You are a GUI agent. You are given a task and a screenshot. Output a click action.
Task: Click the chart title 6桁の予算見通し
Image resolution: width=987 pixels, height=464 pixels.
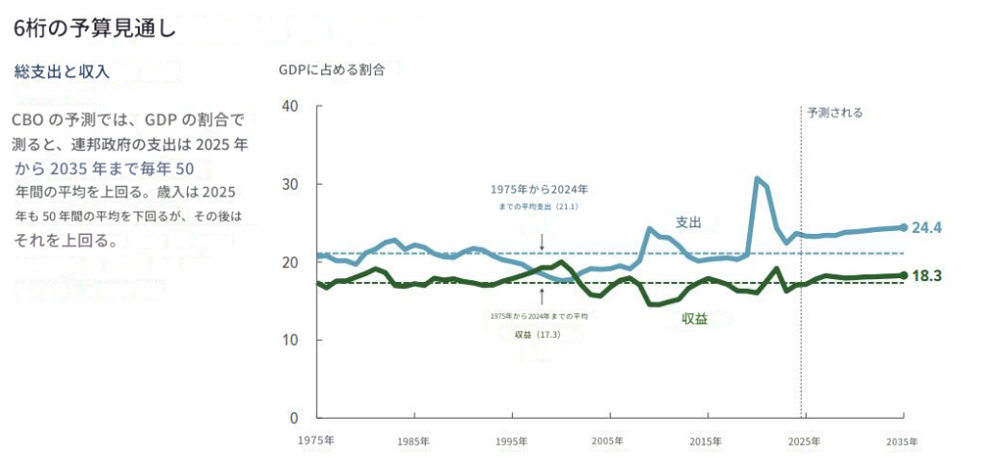[93, 28]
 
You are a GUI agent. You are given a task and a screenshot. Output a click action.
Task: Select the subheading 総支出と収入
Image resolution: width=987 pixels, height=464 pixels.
[63, 71]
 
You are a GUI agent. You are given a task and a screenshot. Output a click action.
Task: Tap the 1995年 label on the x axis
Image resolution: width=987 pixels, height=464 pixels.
[511, 441]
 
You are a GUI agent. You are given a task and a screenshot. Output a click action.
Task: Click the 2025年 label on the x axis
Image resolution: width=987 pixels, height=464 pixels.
[803, 441]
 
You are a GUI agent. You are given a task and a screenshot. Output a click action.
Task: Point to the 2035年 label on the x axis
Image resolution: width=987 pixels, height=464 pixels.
[900, 441]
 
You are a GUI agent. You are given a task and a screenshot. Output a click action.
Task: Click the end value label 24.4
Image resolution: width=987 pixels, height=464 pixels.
[926, 228]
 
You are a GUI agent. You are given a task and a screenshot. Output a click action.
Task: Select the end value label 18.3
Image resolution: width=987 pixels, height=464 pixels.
[926, 275]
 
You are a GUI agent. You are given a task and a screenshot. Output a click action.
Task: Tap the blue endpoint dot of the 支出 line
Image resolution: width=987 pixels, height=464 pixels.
[903, 227]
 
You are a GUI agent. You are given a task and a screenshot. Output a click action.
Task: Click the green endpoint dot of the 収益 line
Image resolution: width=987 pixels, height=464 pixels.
[903, 275]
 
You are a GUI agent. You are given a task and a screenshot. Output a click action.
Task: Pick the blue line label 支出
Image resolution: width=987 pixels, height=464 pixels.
[687, 222]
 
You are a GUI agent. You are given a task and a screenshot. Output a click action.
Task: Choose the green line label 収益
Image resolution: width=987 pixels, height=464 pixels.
[695, 319]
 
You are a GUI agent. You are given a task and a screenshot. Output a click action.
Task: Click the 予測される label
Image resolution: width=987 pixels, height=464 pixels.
[835, 113]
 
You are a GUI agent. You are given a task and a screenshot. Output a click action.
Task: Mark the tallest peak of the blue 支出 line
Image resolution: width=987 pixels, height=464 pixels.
[758, 178]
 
